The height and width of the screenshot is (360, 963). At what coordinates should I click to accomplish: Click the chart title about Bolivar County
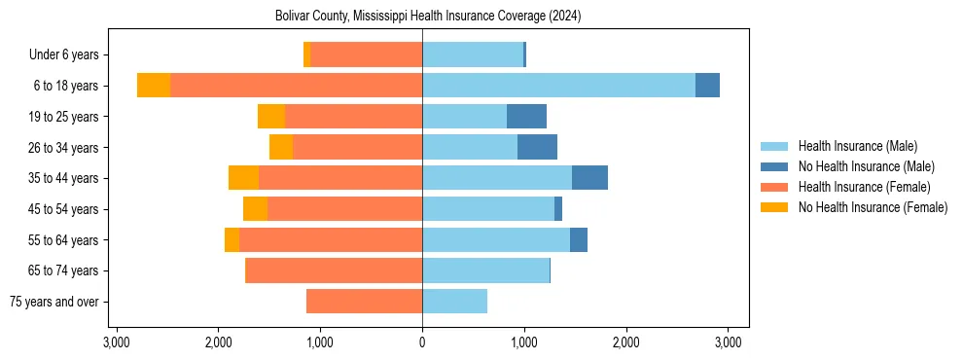click(422, 16)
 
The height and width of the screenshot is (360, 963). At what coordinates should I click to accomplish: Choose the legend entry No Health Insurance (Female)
click(873, 207)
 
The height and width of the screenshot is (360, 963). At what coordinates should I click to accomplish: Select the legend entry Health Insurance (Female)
click(864, 187)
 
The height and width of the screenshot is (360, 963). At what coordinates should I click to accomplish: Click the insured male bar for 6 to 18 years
click(558, 86)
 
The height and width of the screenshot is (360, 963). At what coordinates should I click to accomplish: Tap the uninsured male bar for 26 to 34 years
click(537, 147)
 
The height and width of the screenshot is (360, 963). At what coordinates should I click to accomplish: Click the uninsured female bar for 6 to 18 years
click(154, 86)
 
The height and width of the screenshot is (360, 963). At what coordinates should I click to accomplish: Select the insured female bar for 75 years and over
click(364, 302)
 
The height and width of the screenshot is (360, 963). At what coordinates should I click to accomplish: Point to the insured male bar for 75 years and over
click(454, 302)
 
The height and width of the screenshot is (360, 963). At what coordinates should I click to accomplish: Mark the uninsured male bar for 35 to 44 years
click(589, 178)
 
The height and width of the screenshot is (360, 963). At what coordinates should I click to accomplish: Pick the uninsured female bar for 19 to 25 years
click(271, 117)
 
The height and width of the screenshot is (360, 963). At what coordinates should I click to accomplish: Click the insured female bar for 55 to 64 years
click(331, 239)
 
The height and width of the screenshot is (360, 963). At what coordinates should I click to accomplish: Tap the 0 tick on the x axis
click(422, 342)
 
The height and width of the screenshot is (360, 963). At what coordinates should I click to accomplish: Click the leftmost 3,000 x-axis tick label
click(116, 342)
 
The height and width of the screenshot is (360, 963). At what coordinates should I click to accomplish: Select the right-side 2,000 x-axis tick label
click(626, 342)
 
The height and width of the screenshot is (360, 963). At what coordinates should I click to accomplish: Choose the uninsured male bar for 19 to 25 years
click(526, 117)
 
